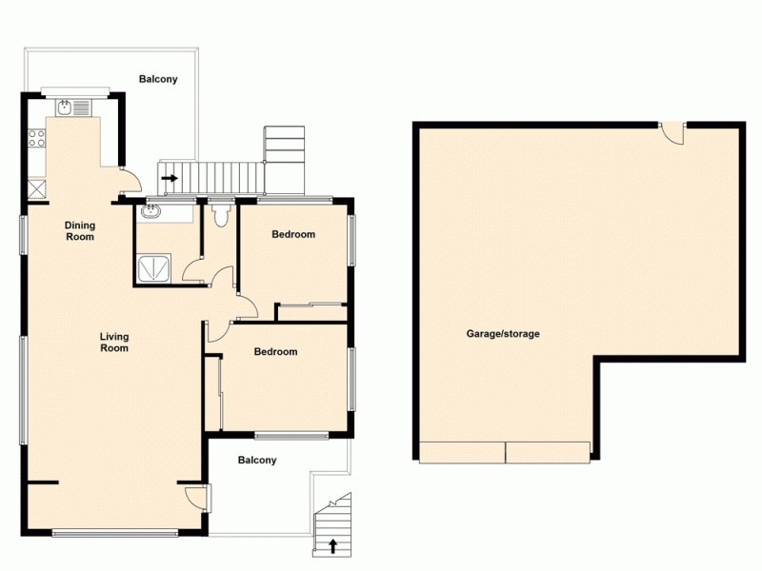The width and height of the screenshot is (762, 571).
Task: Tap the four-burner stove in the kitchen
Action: (38, 141)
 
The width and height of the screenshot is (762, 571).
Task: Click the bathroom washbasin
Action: (153, 212)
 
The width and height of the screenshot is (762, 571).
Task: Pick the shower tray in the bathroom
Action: (153, 269)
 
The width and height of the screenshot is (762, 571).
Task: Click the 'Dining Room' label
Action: (80, 230)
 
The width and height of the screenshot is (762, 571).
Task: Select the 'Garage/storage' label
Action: (503, 334)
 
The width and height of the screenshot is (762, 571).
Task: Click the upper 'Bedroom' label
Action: (293, 234)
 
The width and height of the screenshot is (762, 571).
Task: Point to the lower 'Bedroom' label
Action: (275, 352)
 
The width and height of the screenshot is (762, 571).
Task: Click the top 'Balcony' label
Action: (158, 79)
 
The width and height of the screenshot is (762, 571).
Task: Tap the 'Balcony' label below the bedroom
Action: (257, 461)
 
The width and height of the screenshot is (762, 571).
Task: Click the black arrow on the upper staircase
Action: (170, 177)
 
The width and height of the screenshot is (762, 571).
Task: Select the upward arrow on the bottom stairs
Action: (332, 545)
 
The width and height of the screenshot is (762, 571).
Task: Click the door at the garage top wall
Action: (673, 133)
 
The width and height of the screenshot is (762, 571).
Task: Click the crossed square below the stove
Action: (38, 187)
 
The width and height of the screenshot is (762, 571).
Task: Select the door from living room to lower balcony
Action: (195, 497)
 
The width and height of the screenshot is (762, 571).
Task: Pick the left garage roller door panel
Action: (461, 452)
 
